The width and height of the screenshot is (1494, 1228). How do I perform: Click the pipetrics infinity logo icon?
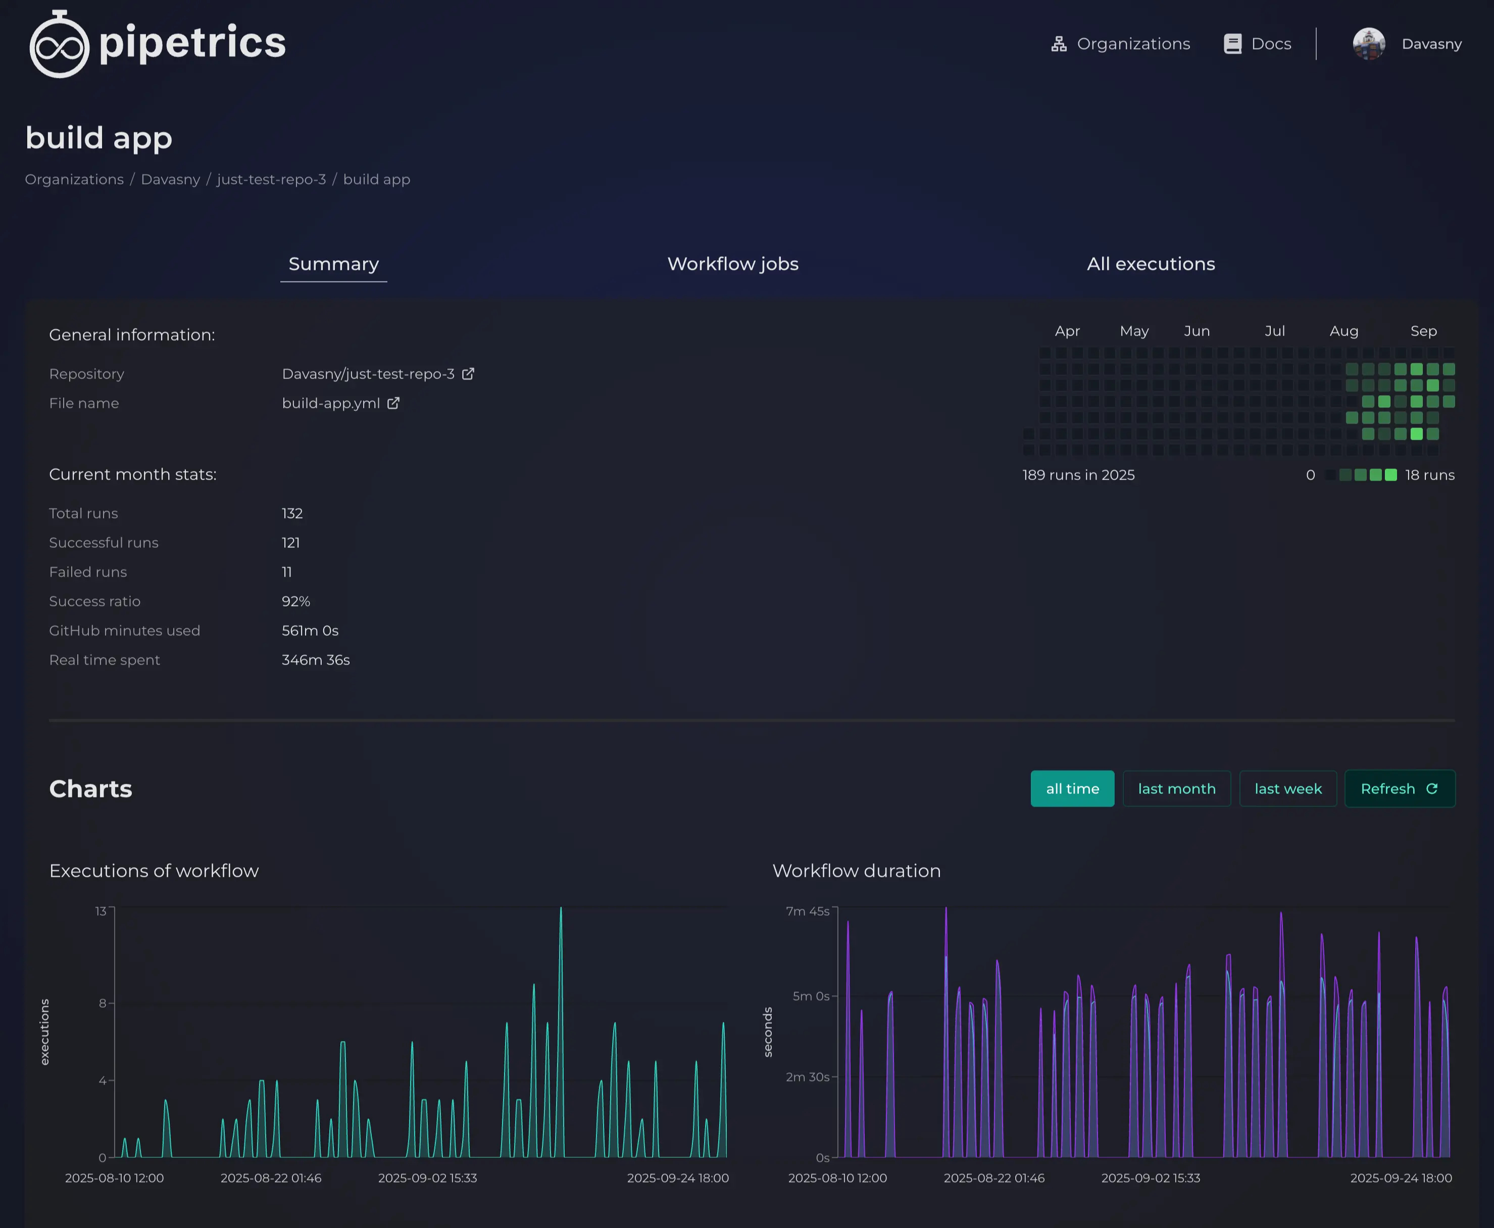[x=60, y=45]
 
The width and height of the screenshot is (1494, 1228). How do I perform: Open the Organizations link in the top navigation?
[x=1121, y=44]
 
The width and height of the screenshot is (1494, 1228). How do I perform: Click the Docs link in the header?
[x=1258, y=44]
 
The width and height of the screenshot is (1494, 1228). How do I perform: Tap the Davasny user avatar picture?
[x=1369, y=44]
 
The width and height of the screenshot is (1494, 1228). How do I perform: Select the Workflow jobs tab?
[x=732, y=264]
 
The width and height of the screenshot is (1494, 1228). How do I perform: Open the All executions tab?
[x=1151, y=264]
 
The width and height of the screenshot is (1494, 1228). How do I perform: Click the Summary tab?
[x=334, y=264]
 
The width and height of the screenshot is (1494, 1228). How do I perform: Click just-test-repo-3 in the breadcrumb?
[x=272, y=180]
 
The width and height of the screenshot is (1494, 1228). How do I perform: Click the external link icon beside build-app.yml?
[x=394, y=403]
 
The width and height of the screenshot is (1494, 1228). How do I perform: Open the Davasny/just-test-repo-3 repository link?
[x=368, y=373]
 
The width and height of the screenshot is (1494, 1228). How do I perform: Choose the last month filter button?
[x=1176, y=789]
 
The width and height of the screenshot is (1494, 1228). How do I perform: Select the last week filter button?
[x=1287, y=789]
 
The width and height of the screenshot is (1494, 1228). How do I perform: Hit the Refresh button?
[x=1399, y=789]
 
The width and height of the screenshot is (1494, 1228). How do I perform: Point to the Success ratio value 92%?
[x=295, y=601]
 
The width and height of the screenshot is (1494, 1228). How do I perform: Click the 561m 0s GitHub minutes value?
[x=310, y=630]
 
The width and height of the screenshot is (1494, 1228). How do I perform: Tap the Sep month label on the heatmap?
[x=1423, y=331]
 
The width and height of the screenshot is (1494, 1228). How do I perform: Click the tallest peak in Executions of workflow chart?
[x=561, y=910]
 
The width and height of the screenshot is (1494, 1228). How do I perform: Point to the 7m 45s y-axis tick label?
[x=808, y=911]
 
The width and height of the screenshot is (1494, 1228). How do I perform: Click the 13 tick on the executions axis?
[x=101, y=911]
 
